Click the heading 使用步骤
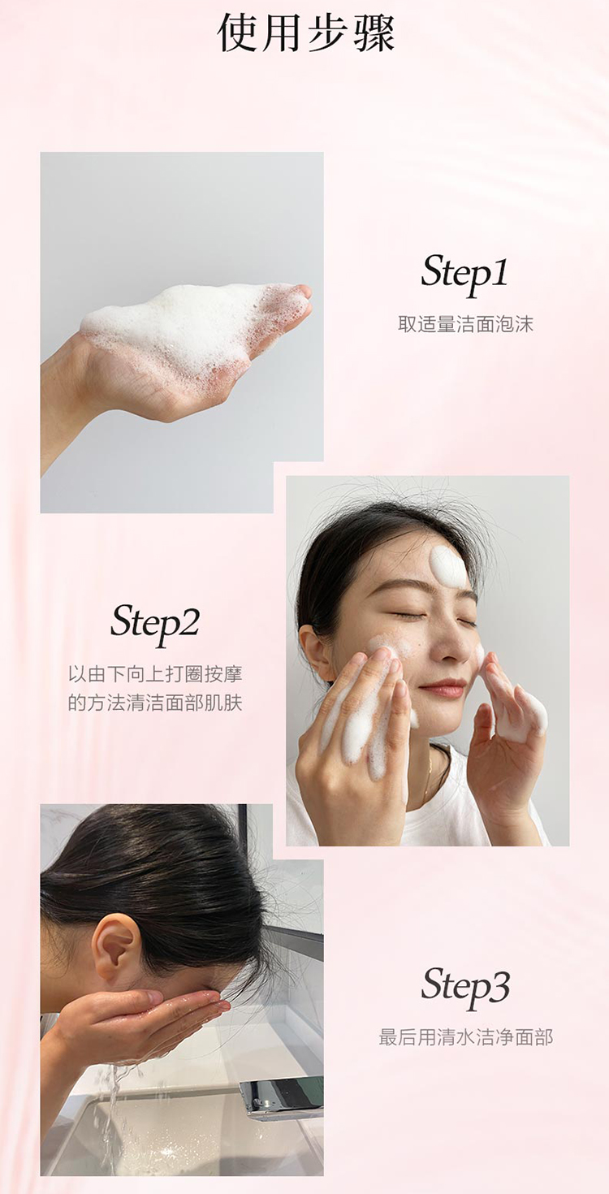click(x=306, y=33)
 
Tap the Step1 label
click(x=464, y=273)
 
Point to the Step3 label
click(x=465, y=987)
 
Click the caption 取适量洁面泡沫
click(x=465, y=324)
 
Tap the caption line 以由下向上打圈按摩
click(x=155, y=674)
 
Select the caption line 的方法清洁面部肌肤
click(x=155, y=703)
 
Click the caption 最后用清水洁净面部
click(x=465, y=1037)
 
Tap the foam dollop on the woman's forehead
click(x=448, y=566)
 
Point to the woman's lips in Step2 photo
click(x=443, y=688)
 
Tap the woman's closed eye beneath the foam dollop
click(x=465, y=621)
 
